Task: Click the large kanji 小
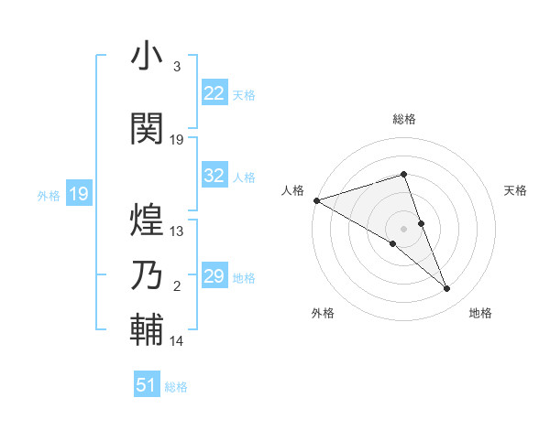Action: tap(147, 56)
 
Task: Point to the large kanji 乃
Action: tap(147, 275)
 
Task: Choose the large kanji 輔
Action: tap(147, 328)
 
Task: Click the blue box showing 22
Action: tap(214, 92)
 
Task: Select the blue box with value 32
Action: tap(214, 176)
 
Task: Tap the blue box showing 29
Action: tap(214, 276)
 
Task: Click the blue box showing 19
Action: tap(78, 194)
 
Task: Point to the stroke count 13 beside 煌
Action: tap(177, 231)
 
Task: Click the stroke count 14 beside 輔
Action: tap(177, 340)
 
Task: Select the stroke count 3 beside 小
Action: tap(176, 67)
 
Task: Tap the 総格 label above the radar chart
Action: tap(404, 119)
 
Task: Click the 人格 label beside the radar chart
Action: tap(292, 190)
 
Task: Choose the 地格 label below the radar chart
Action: tap(480, 313)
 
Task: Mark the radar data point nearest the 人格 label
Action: tap(316, 200)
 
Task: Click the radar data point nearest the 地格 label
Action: tap(447, 289)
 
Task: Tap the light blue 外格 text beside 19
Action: tap(49, 195)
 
